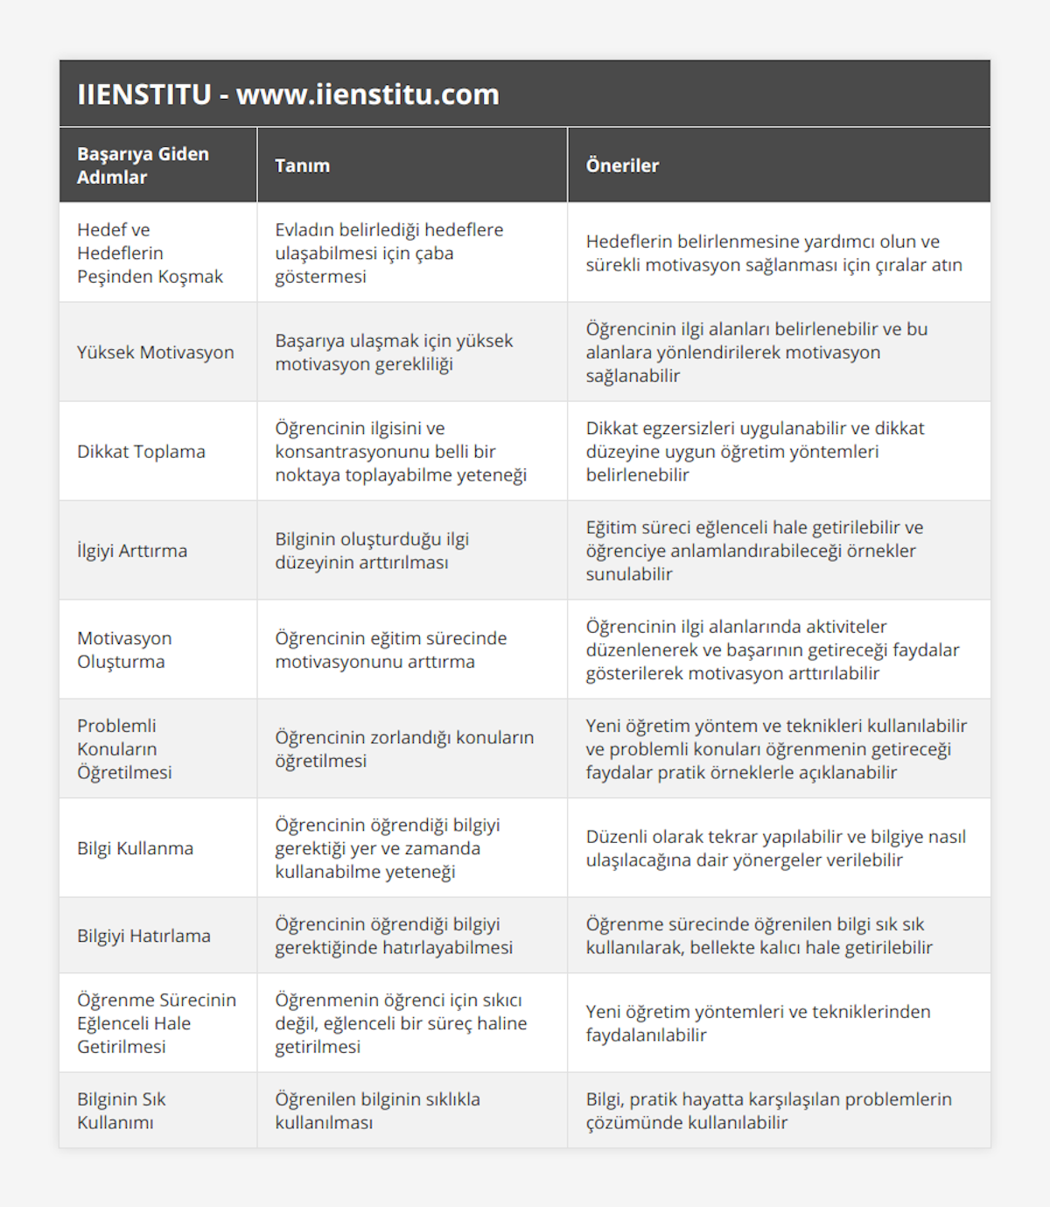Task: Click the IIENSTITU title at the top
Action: click(288, 95)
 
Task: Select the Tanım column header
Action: click(302, 165)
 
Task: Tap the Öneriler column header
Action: click(622, 165)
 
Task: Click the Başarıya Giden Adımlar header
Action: click(143, 165)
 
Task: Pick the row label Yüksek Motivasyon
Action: click(156, 352)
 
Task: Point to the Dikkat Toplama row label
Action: click(141, 452)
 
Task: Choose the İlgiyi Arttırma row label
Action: click(132, 551)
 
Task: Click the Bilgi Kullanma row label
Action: click(135, 848)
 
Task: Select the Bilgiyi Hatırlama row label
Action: click(143, 936)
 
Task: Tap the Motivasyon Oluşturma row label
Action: click(124, 649)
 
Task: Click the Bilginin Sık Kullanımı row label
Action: click(121, 1111)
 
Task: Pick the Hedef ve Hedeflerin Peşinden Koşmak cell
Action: click(150, 253)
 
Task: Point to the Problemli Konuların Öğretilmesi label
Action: click(124, 749)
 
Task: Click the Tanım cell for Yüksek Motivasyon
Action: click(394, 352)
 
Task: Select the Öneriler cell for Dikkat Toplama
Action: click(754, 452)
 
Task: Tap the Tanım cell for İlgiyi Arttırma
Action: click(372, 551)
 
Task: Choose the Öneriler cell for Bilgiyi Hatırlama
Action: click(759, 936)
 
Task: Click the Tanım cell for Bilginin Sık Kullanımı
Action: click(377, 1111)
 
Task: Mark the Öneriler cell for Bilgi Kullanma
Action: click(775, 848)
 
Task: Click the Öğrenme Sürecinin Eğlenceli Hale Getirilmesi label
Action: click(156, 1023)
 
